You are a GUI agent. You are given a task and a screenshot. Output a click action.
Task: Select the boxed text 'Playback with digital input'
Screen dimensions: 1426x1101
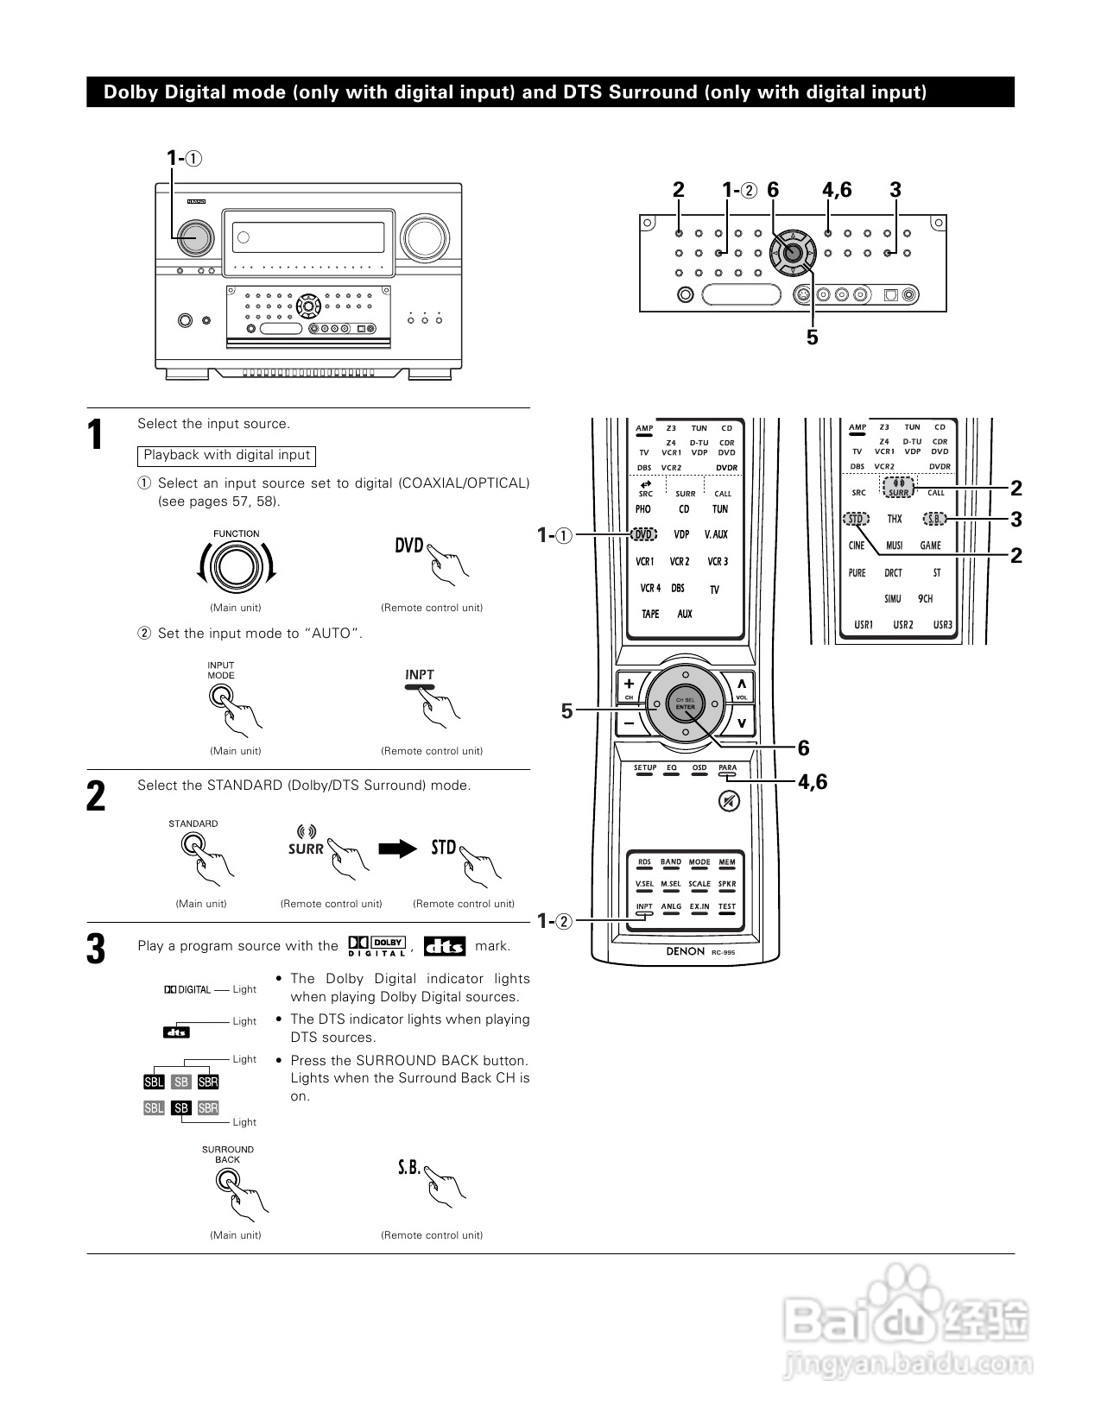coord(226,455)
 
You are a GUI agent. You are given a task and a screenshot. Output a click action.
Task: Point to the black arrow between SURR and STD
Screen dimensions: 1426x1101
coord(397,849)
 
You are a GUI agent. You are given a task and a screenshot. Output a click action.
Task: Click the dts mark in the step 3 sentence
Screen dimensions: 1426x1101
coord(445,946)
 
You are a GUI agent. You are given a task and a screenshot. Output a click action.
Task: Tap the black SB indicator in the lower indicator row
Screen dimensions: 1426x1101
coord(181,1108)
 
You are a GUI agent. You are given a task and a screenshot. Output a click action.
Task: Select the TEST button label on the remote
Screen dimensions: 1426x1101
coord(727,907)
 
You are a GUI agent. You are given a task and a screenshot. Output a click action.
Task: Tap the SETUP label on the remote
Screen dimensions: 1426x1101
coord(645,767)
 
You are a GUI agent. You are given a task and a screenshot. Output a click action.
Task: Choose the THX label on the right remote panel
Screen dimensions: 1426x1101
coord(895,520)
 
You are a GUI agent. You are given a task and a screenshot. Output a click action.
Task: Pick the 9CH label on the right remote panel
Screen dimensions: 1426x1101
coord(926,599)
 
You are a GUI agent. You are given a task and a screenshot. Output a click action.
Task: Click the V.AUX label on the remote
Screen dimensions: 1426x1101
coord(716,535)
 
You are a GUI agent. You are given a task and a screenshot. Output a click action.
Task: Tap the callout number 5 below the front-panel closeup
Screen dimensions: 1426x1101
coord(812,338)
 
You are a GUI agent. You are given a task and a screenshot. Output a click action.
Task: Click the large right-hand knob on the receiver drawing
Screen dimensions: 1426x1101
coord(421,236)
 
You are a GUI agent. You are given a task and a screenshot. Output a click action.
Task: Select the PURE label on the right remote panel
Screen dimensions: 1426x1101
coord(857,573)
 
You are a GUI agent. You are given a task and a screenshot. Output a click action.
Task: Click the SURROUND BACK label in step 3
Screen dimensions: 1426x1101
coord(228,1154)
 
